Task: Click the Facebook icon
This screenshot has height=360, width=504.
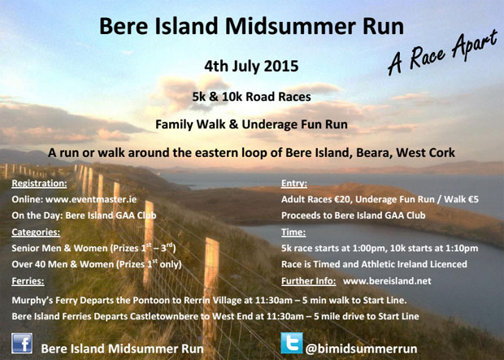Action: pyautogui.click(x=22, y=343)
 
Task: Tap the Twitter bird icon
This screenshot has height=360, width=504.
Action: pyautogui.click(x=292, y=343)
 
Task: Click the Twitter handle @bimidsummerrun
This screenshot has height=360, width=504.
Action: pyautogui.click(x=361, y=349)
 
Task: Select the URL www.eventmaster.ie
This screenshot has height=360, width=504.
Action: pyautogui.click(x=91, y=199)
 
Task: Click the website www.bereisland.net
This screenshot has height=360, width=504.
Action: pyautogui.click(x=387, y=281)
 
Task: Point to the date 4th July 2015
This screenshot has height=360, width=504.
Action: pyautogui.click(x=251, y=66)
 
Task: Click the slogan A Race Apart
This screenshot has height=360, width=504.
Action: pyautogui.click(x=442, y=53)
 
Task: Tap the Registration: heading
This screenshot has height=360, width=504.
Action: pyautogui.click(x=39, y=183)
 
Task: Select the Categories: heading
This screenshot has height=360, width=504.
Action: pyautogui.click(x=36, y=232)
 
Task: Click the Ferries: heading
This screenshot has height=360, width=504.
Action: pyautogui.click(x=28, y=281)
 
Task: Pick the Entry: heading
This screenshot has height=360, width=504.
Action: pyautogui.click(x=294, y=183)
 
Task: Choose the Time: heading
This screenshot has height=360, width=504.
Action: pyautogui.click(x=293, y=232)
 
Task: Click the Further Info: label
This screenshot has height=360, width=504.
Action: pyautogui.click(x=309, y=281)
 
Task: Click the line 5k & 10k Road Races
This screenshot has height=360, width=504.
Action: pyautogui.click(x=251, y=97)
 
